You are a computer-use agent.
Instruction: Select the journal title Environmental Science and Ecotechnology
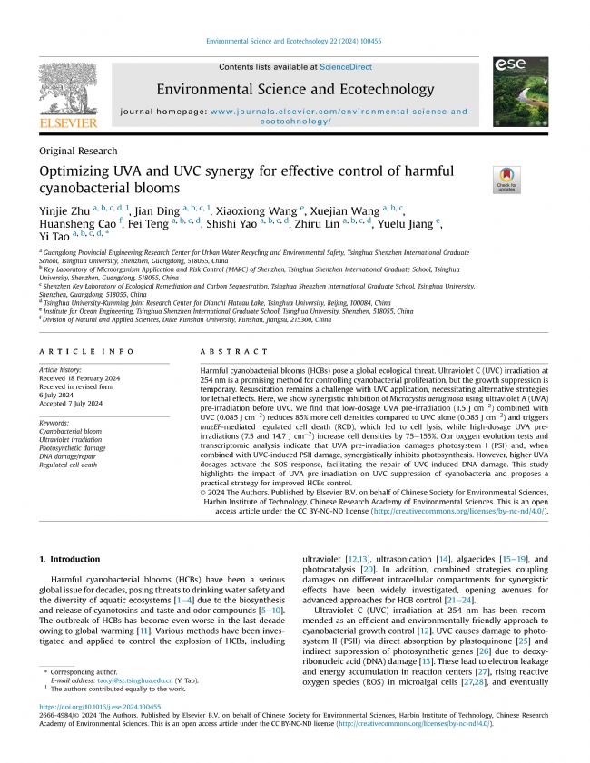[295, 89]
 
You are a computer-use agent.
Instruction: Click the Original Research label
[78, 151]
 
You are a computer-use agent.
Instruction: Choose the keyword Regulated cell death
[70, 464]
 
